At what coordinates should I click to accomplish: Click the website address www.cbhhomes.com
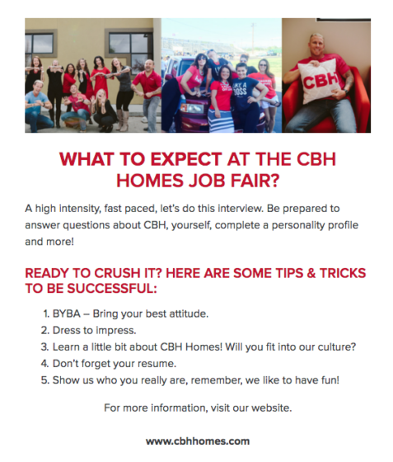click(x=198, y=441)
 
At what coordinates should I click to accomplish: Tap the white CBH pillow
click(x=319, y=80)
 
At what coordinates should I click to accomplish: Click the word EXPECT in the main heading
click(x=186, y=159)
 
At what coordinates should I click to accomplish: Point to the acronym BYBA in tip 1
click(x=66, y=313)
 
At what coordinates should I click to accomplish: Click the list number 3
click(x=44, y=346)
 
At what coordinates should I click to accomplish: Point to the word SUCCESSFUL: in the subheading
click(x=112, y=289)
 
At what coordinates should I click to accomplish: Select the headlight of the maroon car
click(x=192, y=108)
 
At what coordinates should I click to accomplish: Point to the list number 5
click(x=44, y=380)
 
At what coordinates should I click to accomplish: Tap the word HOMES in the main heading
click(x=150, y=181)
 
